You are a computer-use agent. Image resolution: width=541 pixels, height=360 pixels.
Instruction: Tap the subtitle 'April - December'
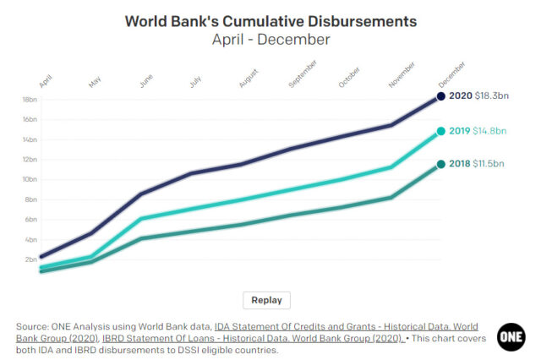[270, 39]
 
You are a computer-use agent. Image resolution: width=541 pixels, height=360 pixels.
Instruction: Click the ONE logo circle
[511, 335]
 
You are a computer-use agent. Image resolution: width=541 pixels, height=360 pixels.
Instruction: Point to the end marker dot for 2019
[440, 131]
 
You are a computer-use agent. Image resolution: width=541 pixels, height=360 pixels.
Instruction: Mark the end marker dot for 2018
[440, 164]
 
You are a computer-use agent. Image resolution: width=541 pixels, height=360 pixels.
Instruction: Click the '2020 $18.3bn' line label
[478, 96]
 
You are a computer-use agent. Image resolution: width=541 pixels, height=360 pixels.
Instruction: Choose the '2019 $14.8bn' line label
[478, 131]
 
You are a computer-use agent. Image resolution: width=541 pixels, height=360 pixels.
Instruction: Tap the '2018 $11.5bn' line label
[478, 164]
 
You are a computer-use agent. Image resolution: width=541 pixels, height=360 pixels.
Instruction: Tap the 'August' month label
[249, 78]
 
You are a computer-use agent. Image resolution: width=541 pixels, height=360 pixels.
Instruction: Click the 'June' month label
[145, 81]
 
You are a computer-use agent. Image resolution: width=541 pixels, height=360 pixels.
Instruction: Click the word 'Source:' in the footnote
[33, 326]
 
